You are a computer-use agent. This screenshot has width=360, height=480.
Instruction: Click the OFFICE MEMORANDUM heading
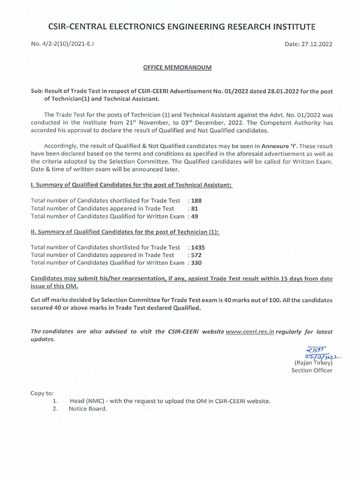coord(177,67)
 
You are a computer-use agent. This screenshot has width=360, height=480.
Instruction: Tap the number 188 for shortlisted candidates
coord(196,200)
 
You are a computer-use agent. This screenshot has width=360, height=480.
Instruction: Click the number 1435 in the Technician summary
coord(198,247)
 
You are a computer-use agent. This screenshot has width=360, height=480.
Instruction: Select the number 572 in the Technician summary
coord(196,255)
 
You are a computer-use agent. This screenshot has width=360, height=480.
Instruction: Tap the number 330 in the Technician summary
coord(197,263)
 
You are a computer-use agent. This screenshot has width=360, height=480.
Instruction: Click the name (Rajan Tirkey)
coord(313,363)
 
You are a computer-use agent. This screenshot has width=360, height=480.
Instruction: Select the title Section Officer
coord(312,370)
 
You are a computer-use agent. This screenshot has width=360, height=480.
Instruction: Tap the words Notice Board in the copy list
coord(88,409)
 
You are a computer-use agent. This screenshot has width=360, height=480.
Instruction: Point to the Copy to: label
coord(42,393)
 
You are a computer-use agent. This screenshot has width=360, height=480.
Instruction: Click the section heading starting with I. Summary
coord(131,185)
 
